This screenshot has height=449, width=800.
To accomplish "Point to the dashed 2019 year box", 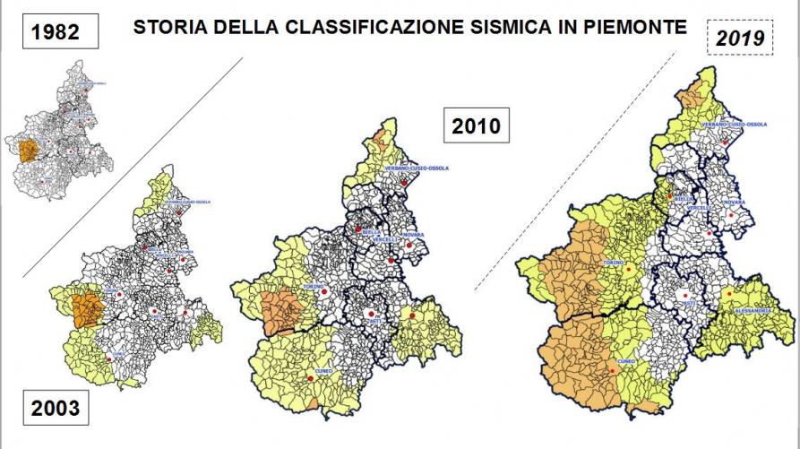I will coord(741,39).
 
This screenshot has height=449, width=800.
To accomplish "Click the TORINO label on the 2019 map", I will coord(614,263).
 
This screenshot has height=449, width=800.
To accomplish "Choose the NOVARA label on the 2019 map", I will coord(734,203).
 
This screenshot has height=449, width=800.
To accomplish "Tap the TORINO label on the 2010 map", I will coord(313,287).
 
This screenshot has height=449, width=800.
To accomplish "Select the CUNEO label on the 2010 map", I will coord(323,369).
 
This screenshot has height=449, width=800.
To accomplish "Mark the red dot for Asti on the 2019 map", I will coord(686,295).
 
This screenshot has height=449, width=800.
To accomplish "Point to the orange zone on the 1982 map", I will coord(26,150).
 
